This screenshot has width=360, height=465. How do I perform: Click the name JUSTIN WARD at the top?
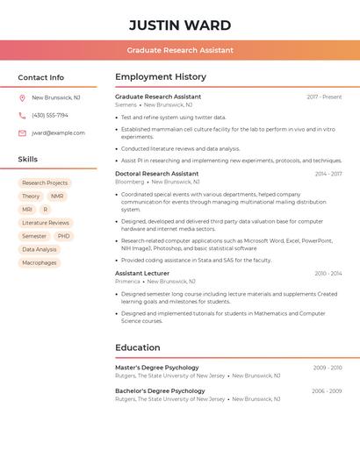pos(180,25)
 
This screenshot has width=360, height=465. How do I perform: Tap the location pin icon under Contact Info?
pos(22,98)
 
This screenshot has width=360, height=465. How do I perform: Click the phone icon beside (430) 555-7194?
pos(22,116)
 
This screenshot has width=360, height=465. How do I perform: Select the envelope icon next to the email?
pos(22,133)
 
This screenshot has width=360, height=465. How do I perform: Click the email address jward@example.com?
pos(58,133)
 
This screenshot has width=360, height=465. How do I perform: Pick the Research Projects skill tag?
pos(45,183)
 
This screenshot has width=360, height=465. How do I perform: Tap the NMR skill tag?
pos(57,197)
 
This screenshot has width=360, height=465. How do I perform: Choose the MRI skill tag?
pos(27,210)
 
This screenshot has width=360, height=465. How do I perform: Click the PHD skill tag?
pos(63,236)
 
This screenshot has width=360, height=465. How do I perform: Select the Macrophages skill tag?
pos(39,262)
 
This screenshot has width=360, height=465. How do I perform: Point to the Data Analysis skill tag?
pos(39,249)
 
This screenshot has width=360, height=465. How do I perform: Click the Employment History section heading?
pos(161,77)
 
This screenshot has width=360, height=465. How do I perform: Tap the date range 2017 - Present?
pos(324,97)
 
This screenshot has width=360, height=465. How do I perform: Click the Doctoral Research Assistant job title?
pos(156,174)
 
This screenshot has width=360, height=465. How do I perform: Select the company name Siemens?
pos(126,104)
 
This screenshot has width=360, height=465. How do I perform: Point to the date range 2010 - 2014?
pos(328,274)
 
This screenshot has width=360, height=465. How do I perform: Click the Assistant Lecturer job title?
pos(142,274)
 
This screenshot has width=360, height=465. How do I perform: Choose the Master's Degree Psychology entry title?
pos(157,368)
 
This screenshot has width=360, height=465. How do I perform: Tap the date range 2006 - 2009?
pos(327,391)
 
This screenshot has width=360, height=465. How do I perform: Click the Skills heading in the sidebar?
pos(28,160)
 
